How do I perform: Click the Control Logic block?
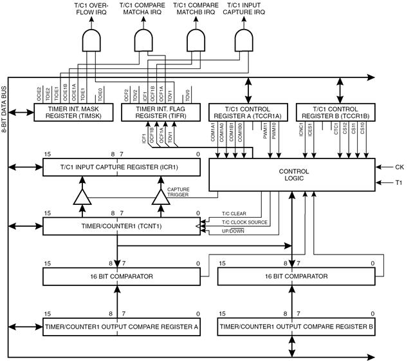coord(292,175)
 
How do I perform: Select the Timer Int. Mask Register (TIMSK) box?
coord(73,112)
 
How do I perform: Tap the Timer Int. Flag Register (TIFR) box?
coord(161,112)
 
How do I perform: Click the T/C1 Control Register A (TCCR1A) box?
coord(248,112)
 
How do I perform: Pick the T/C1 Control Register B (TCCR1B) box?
coord(336,112)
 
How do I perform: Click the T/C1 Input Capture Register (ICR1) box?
coord(122,168)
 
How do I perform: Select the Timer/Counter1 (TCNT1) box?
coord(122,226)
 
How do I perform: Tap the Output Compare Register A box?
coord(122,327)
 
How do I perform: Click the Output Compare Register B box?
coord(297,327)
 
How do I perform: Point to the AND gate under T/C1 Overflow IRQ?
coord(91,40)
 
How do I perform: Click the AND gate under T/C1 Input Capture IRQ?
coord(244,40)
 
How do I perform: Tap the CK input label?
coord(399,167)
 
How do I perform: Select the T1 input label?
coord(399,182)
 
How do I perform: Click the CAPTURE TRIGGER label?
coord(178,192)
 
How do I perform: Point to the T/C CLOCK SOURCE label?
coord(244,222)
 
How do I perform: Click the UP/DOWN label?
coord(233,231)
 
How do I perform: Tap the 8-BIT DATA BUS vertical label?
coord(4,110)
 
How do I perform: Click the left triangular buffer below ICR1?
coord(82,197)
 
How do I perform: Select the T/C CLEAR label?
coord(234,214)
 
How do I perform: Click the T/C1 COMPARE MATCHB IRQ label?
coord(196,9)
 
